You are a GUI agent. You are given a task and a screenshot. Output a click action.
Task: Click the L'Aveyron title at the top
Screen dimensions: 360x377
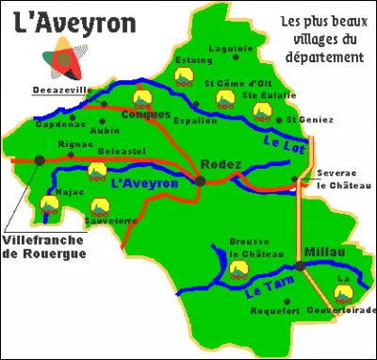click(x=75, y=20)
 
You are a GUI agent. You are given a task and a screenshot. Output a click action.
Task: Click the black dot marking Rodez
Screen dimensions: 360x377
click(x=201, y=179)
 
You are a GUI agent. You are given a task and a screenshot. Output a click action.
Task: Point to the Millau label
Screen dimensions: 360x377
click(x=325, y=252)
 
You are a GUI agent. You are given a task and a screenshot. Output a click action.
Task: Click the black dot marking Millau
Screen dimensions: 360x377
click(x=300, y=267)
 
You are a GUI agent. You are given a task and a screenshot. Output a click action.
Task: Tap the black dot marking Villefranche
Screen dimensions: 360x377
click(x=39, y=160)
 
